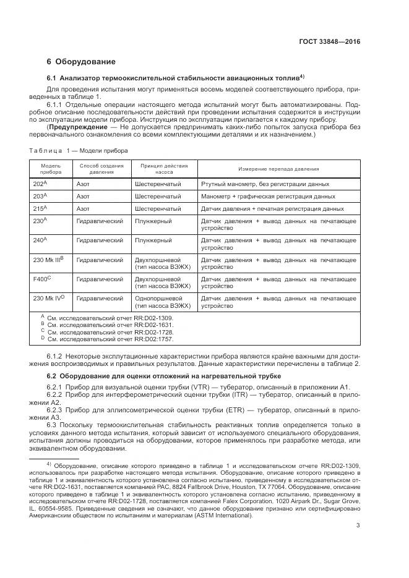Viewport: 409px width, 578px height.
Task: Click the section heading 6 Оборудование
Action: coord(80,62)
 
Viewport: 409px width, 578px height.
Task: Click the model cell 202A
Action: coord(40,184)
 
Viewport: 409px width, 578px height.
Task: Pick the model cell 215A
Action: coord(40,208)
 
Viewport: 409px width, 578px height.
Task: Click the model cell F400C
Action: coord(42,279)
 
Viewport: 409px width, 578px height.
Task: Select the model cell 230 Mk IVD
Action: coord(49,298)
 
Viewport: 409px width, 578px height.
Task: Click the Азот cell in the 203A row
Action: coord(83,196)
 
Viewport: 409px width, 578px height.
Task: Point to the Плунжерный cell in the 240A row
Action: coord(153,239)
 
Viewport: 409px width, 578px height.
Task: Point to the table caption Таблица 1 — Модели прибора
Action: coord(79,150)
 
